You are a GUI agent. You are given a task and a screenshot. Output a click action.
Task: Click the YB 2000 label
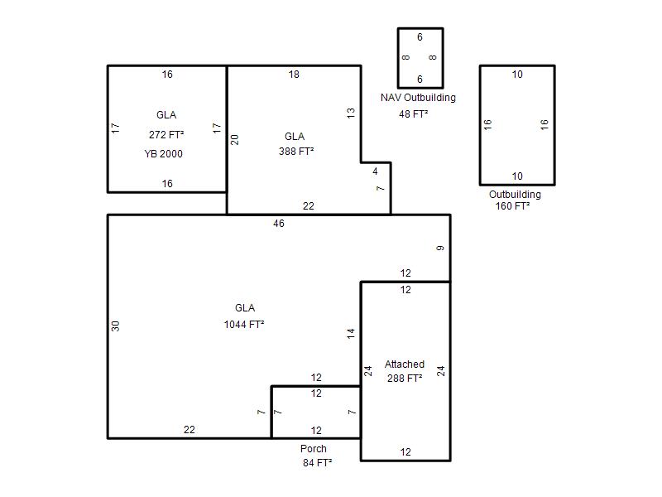coord(163,154)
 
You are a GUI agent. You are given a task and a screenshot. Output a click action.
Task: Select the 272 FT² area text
coord(166,135)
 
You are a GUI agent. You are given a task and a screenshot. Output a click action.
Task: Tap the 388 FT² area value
coord(296,152)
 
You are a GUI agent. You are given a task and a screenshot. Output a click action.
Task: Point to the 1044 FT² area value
coord(244,325)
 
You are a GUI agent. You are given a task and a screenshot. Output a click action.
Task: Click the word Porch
coord(314,449)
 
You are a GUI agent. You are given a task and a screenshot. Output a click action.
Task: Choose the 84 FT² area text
coord(317,463)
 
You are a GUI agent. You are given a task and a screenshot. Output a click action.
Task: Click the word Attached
coord(405,364)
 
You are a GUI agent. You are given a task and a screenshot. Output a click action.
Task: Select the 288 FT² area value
coord(405,379)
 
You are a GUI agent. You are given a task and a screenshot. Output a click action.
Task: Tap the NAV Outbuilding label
coord(418,98)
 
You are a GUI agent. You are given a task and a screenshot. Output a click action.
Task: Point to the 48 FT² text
coord(413,114)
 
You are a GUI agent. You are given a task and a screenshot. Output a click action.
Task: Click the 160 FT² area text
coord(512,206)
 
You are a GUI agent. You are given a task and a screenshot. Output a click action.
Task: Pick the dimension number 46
coord(279,224)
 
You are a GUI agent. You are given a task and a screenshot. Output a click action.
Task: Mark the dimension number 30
coord(116,326)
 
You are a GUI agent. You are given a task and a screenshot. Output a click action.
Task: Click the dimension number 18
coord(294,75)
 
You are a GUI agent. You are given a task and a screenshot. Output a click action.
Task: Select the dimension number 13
coord(351,113)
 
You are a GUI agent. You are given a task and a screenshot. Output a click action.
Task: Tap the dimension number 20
coord(235,139)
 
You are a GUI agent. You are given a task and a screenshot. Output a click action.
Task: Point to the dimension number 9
coord(440,248)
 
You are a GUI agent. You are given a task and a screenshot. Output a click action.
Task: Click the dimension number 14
coord(351,334)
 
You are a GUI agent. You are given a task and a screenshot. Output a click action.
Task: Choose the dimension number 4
coord(375,171)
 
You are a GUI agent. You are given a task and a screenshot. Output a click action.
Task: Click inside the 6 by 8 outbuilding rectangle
coord(420,58)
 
